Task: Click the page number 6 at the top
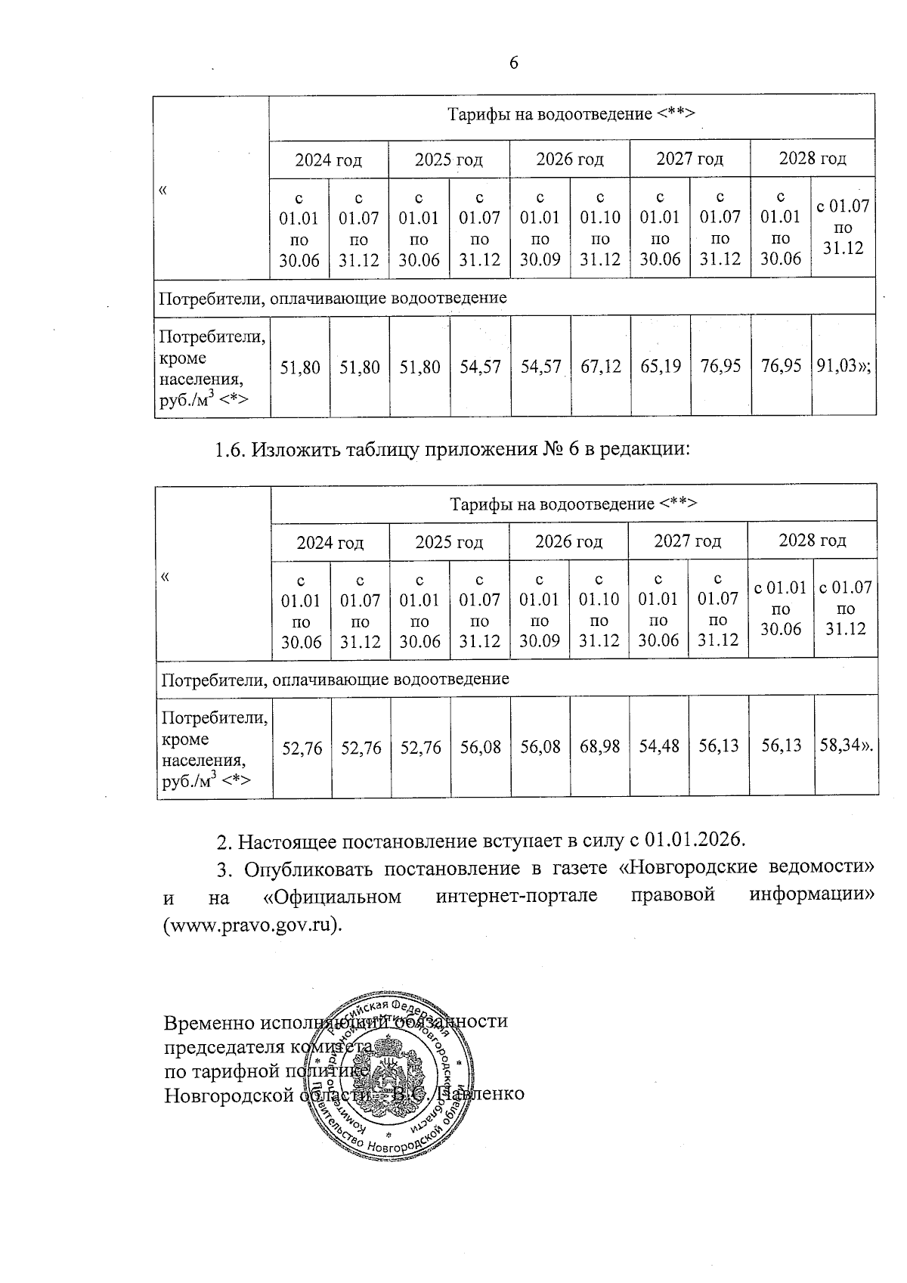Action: pyautogui.click(x=513, y=63)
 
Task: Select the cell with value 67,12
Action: pyautogui.click(x=600, y=367)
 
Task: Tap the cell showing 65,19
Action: pyautogui.click(x=660, y=367)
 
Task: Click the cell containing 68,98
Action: pyautogui.click(x=599, y=747)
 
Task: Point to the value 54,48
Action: pyautogui.click(x=658, y=747)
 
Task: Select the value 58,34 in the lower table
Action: pyautogui.click(x=843, y=747)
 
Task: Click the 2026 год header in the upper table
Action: pyautogui.click(x=569, y=160)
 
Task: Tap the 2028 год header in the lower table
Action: pyautogui.click(x=812, y=541)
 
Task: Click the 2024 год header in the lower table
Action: pyautogui.click(x=330, y=543)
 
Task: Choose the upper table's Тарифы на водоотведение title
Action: pyautogui.click(x=571, y=114)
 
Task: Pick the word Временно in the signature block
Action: pyautogui.click(x=209, y=1022)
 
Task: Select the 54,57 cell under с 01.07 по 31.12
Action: pyautogui.click(x=480, y=367)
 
